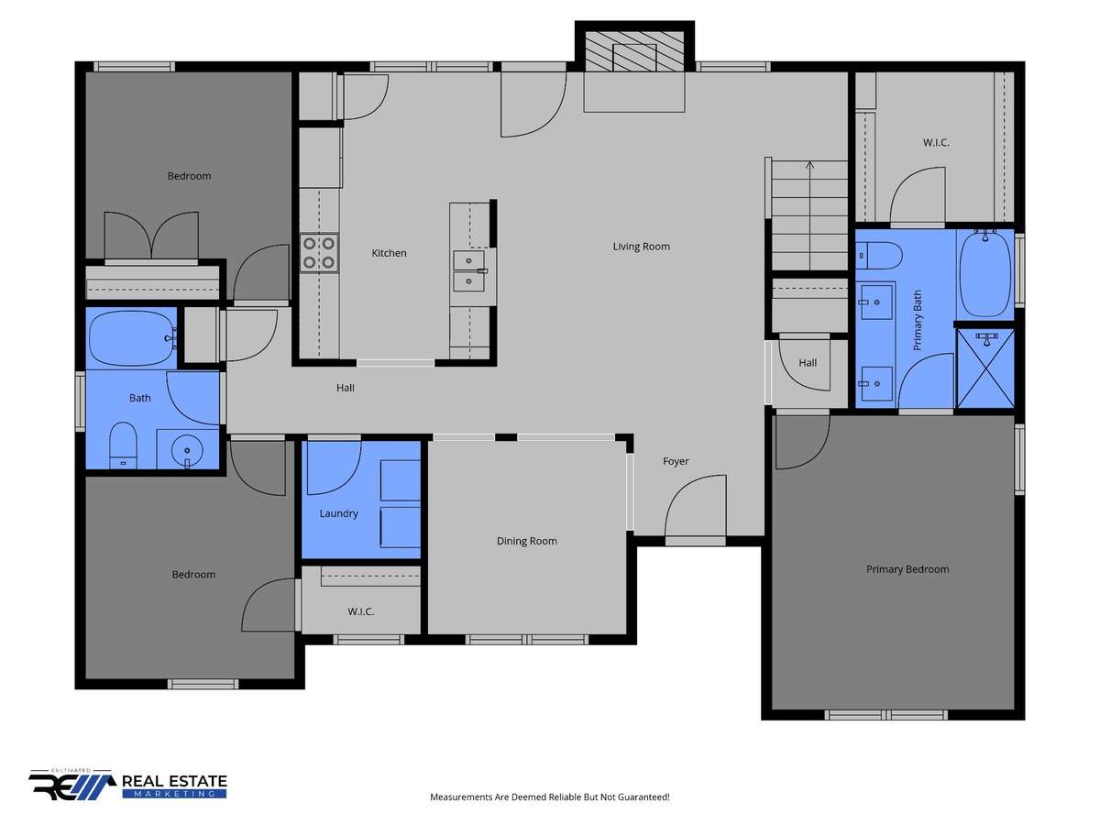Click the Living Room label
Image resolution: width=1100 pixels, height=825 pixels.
click(x=641, y=247)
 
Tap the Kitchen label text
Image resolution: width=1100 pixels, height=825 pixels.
click(x=389, y=253)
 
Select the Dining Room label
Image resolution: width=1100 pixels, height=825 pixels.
click(x=527, y=541)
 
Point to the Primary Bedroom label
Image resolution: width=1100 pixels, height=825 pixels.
click(x=907, y=569)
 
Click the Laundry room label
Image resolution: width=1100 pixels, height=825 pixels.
click(x=339, y=514)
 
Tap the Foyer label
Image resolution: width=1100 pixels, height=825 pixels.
click(x=676, y=461)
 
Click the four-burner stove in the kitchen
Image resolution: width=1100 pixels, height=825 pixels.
click(x=319, y=253)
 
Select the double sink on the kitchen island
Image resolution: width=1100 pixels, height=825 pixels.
click(x=469, y=271)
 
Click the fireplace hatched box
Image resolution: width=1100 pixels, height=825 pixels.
click(x=634, y=51)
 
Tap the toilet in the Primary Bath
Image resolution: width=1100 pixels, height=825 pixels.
click(x=878, y=256)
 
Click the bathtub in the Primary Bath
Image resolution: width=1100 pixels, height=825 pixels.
click(x=984, y=273)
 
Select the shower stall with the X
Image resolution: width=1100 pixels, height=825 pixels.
click(x=985, y=368)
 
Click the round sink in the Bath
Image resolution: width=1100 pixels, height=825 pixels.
click(x=187, y=450)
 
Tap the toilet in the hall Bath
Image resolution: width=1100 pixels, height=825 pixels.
click(x=123, y=445)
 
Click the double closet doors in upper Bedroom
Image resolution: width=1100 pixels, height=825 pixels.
click(x=151, y=236)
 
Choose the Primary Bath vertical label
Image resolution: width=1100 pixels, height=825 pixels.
click(x=917, y=320)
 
